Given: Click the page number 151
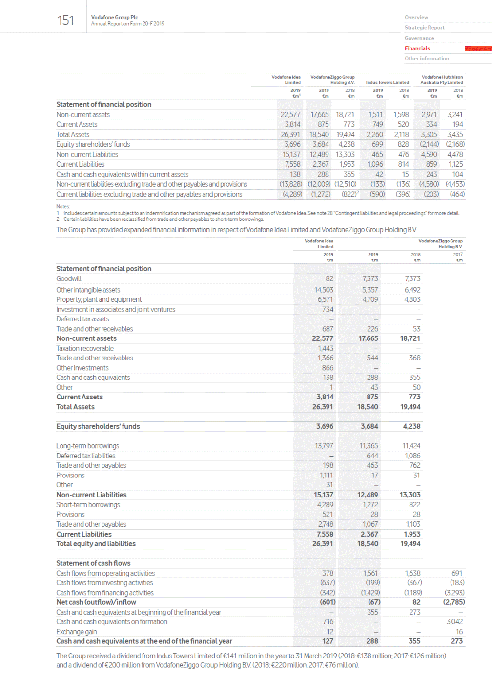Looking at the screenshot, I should click(x=65, y=20).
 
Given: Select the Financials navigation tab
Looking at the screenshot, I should click(x=417, y=48).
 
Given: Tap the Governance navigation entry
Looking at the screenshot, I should click(x=419, y=38).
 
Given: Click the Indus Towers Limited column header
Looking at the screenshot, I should click(x=387, y=82).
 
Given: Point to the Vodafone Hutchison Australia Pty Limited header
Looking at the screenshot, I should click(x=442, y=80).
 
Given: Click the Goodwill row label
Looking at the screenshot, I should click(x=69, y=279).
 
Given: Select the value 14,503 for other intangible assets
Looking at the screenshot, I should click(x=324, y=290).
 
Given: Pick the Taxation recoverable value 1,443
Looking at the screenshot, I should click(x=326, y=348).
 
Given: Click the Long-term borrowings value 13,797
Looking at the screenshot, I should click(x=324, y=446).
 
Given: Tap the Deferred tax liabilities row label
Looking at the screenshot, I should click(x=86, y=456).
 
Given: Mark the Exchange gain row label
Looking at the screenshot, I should click(x=77, y=632).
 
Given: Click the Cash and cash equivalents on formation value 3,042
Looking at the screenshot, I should click(x=454, y=622).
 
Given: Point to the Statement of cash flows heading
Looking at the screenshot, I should click(x=93, y=563).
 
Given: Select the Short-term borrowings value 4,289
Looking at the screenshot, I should click(x=325, y=505).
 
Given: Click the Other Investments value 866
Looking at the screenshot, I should click(x=328, y=368).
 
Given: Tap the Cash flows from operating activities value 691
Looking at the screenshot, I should click(x=457, y=573).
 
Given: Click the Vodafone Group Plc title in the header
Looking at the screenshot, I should click(x=114, y=17).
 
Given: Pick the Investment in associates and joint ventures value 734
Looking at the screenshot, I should click(x=328, y=309).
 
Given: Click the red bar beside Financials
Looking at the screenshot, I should click(x=478, y=48).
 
